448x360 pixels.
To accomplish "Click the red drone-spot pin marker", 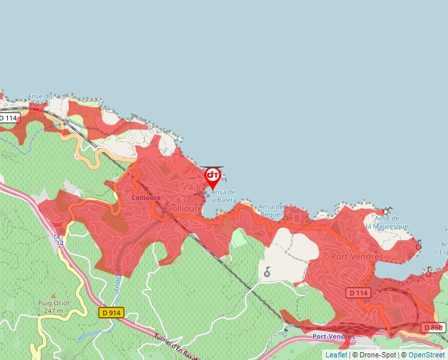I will pyautogui.click(x=213, y=176).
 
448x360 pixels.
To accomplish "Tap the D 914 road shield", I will pyautogui.click(x=112, y=314).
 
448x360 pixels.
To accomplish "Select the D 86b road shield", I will pyautogui.click(x=433, y=327).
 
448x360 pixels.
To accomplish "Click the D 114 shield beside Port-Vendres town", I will pyautogui.click(x=358, y=292).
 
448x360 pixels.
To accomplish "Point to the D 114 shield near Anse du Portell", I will pyautogui.click(x=9, y=118).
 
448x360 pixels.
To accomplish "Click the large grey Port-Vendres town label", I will pyautogui.click(x=356, y=257).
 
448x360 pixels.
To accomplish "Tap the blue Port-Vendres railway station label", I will pyautogui.click(x=333, y=336).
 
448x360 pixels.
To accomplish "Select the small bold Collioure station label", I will pyautogui.click(x=146, y=197).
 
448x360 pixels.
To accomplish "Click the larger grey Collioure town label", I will pyautogui.click(x=184, y=208).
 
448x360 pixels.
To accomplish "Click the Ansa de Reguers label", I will pyautogui.click(x=271, y=210).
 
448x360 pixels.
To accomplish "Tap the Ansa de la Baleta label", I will pyautogui.click(x=223, y=195).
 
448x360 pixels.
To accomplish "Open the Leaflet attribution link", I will pyautogui.click(x=336, y=355).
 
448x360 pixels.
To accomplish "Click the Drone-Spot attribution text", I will pyautogui.click(x=377, y=355).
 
